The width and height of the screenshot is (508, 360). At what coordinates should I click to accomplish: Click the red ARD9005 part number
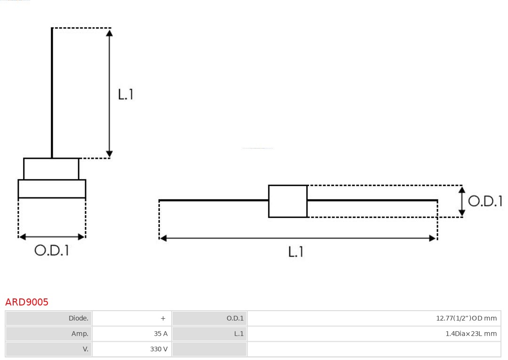(27, 302)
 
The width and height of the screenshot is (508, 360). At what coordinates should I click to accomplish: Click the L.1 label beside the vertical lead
(126, 94)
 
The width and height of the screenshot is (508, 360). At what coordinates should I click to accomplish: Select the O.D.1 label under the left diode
(52, 250)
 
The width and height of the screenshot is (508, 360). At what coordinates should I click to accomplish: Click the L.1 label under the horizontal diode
(296, 252)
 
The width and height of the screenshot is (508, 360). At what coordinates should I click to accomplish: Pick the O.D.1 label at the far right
(485, 201)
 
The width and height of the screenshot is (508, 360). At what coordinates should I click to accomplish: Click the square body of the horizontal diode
(287, 201)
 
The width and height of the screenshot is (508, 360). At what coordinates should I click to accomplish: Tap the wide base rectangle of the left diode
(52, 188)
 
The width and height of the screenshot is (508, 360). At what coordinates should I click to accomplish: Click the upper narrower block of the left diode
(51, 169)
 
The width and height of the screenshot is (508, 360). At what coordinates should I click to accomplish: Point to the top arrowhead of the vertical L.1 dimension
(109, 32)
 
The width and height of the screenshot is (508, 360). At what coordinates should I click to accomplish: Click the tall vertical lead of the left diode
(52, 94)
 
